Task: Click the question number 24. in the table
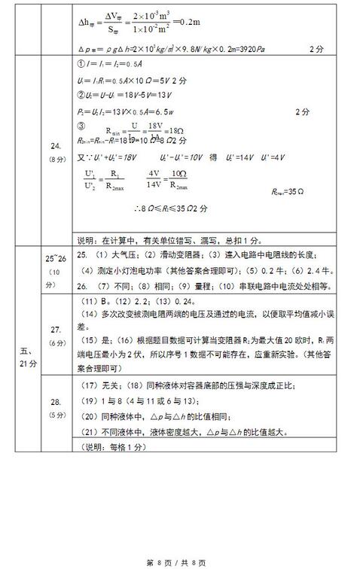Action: pos(55,146)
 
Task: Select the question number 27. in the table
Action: pos(55,329)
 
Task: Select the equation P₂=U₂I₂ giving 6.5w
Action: pos(132,111)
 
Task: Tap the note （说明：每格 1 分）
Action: pos(113,447)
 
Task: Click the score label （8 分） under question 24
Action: pos(55,160)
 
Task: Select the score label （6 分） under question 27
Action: pos(55,342)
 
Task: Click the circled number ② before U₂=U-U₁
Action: pos(81,96)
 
